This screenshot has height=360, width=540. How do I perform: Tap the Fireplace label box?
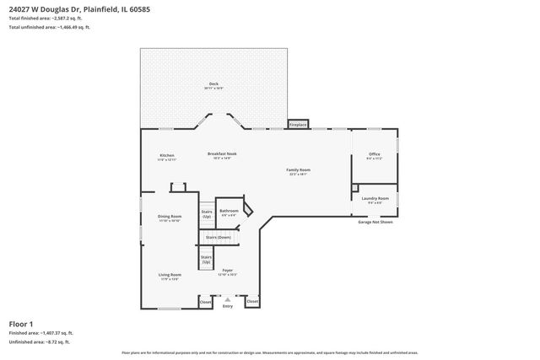(298, 124)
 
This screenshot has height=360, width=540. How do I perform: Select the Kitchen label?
(167, 157)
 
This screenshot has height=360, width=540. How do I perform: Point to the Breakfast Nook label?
(222, 155)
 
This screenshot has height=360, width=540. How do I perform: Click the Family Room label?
(299, 171)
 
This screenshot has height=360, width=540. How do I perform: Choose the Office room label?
(375, 155)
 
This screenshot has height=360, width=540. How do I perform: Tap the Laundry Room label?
(375, 200)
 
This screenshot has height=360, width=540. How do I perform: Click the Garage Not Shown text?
(375, 222)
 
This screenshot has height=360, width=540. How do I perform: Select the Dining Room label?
(170, 218)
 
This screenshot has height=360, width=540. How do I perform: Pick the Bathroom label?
(229, 212)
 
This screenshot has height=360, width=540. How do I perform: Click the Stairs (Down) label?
(218, 237)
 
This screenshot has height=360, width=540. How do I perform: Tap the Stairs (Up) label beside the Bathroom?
(207, 215)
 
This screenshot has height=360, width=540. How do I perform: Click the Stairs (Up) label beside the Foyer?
(206, 261)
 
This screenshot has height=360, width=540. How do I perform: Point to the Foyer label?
(228, 271)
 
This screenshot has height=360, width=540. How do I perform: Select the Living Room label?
(170, 276)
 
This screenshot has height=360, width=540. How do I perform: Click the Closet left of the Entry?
(205, 301)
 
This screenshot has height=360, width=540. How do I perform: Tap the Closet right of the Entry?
(251, 301)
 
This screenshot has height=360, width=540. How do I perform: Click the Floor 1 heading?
(21, 324)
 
